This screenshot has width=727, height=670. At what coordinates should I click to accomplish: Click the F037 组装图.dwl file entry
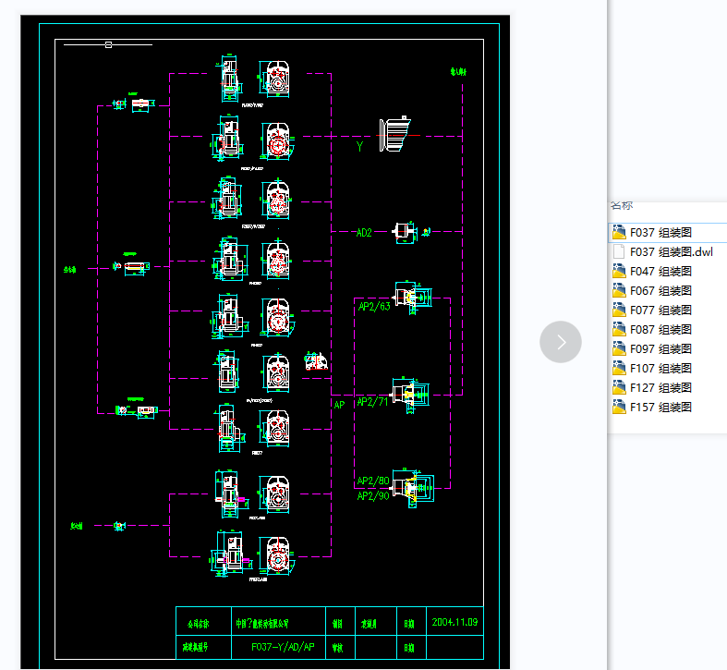(x=671, y=251)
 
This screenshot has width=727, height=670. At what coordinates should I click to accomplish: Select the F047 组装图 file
(x=660, y=271)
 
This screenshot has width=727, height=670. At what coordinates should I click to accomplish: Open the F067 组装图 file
(x=660, y=290)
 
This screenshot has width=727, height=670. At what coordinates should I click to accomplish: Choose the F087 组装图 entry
(x=660, y=329)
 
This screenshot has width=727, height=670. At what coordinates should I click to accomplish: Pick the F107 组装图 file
(x=660, y=368)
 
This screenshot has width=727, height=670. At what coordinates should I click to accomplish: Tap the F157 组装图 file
(x=660, y=407)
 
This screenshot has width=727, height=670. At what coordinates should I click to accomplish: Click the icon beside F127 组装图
(x=619, y=387)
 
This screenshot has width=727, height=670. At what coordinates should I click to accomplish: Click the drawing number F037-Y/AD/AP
(x=283, y=648)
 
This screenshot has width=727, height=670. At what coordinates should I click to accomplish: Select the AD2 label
(x=364, y=233)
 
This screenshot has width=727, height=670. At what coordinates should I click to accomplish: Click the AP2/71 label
(x=374, y=401)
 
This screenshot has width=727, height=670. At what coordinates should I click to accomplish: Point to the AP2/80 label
(x=373, y=481)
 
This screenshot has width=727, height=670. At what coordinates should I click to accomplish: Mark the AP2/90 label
(x=373, y=496)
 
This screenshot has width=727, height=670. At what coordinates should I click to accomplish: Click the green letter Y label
(x=359, y=146)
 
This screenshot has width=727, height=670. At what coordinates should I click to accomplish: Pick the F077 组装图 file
(x=660, y=310)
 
